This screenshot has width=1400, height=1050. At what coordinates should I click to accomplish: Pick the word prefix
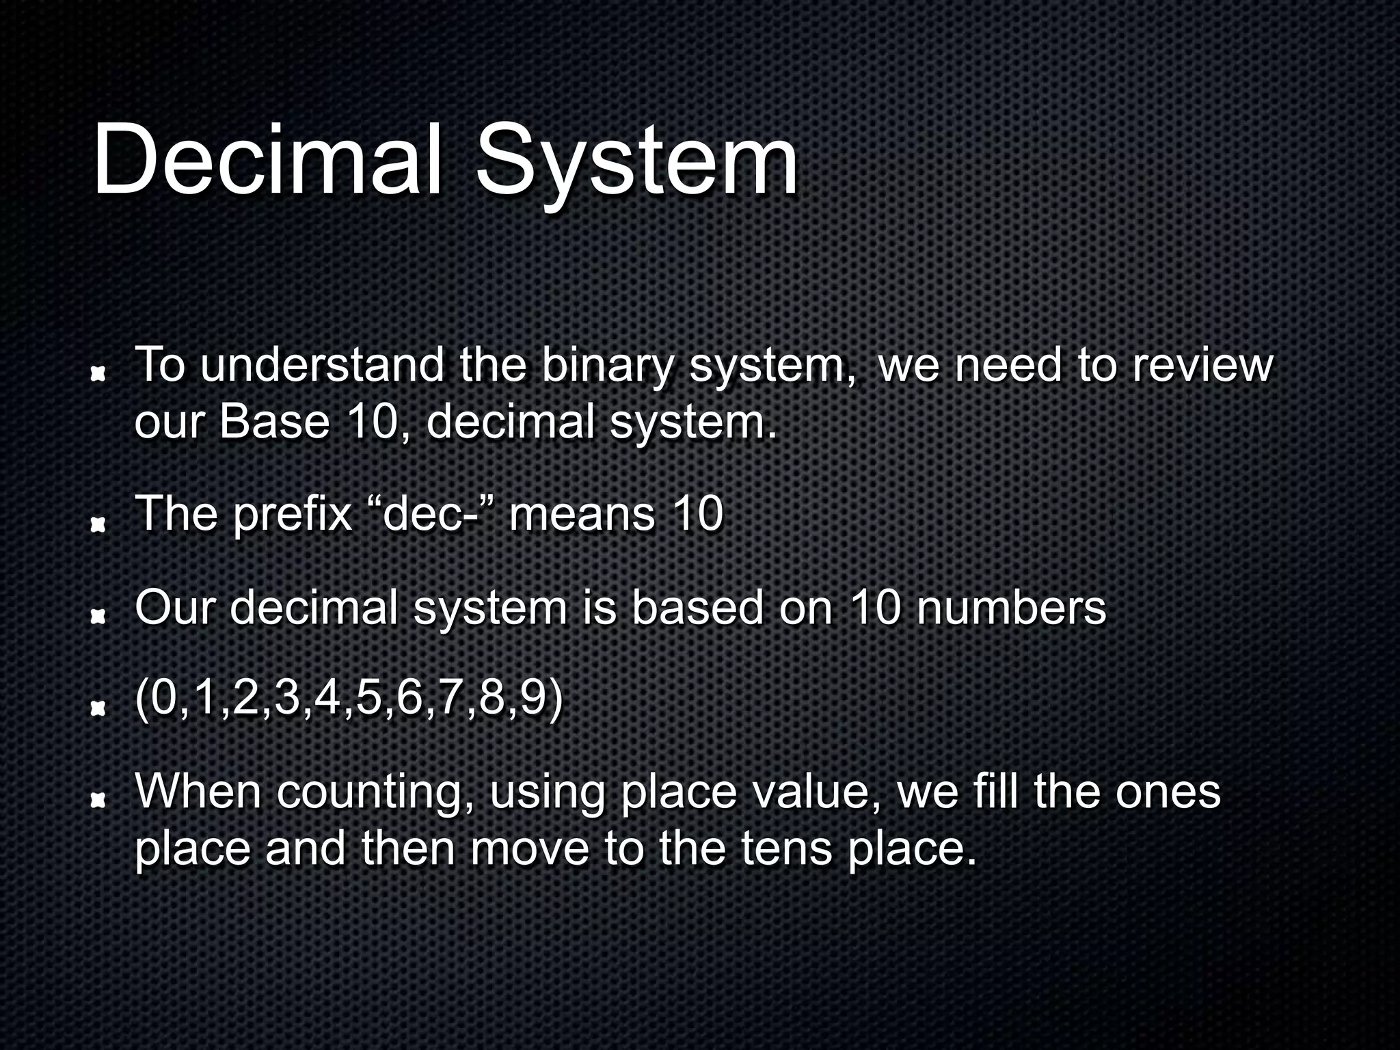pos(292,516)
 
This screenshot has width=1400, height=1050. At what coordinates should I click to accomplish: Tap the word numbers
pos(1010,608)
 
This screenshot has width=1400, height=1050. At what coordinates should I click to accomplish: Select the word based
pos(697,608)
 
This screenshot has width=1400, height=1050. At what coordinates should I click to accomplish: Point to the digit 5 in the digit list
pos(368,699)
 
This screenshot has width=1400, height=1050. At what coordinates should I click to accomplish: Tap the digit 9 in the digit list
pos(533,699)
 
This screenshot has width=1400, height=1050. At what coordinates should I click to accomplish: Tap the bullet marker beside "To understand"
pos(98,373)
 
